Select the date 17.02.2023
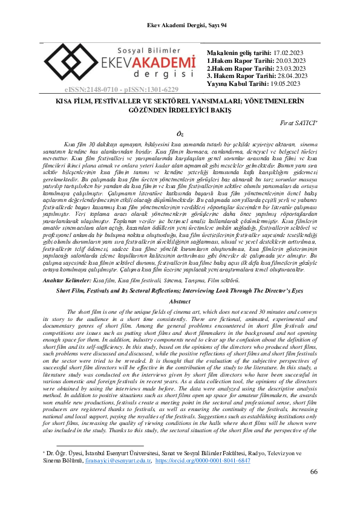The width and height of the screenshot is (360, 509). pos(290,53)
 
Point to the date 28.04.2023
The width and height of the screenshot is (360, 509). pos(289,76)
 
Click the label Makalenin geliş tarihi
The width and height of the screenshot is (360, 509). pos(237,53)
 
